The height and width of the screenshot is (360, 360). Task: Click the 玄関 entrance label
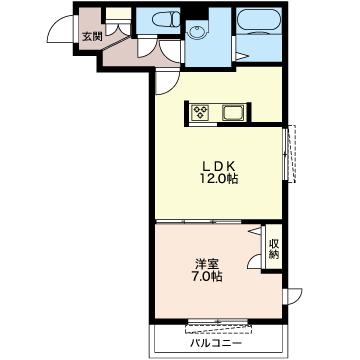[x=92, y=37]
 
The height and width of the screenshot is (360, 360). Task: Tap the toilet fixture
[x=166, y=19]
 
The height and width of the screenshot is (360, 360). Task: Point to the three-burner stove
[x=200, y=111]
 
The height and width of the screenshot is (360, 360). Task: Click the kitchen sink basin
[x=234, y=113]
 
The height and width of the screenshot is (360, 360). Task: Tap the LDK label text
[x=220, y=166]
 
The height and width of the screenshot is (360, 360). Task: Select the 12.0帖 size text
[x=219, y=179]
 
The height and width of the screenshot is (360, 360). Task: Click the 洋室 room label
[x=207, y=265]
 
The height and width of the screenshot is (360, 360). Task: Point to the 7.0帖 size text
[x=207, y=277]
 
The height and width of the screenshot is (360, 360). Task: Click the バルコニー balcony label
[x=216, y=343]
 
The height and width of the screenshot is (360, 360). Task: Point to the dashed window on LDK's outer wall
[x=292, y=154]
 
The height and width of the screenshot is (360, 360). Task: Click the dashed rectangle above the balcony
[x=219, y=328]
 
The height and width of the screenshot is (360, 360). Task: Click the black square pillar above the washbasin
[x=197, y=13]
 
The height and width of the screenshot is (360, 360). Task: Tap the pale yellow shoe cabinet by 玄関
[x=118, y=13]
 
